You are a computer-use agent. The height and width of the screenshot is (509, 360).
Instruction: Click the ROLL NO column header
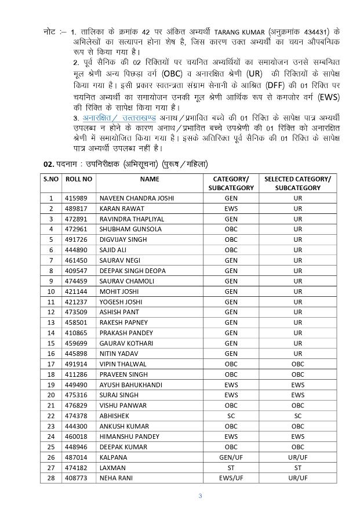pyautogui.click(x=78, y=179)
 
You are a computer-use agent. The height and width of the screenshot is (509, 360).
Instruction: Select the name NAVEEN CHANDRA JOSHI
pyautogui.click(x=137, y=198)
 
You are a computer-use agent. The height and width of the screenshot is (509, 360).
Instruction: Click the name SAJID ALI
pyautogui.click(x=114, y=250)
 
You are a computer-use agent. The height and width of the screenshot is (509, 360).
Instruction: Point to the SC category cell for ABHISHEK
pyautogui.click(x=231, y=416)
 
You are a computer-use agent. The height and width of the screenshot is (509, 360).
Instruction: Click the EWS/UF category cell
pyautogui.click(x=231, y=478)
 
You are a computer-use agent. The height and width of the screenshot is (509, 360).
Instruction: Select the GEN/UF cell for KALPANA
pyautogui.click(x=231, y=457)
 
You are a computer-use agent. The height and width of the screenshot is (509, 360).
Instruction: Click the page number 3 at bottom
pyautogui.click(x=200, y=495)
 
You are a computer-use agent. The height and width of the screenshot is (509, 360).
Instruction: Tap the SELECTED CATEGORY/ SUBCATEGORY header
pyautogui.click(x=297, y=183)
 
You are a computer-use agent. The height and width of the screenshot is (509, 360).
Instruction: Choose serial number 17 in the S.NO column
pyautogui.click(x=51, y=364)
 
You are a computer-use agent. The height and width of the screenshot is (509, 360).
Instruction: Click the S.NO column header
pyautogui.click(x=51, y=179)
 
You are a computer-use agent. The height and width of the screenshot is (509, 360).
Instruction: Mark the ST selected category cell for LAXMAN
pyautogui.click(x=297, y=468)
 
